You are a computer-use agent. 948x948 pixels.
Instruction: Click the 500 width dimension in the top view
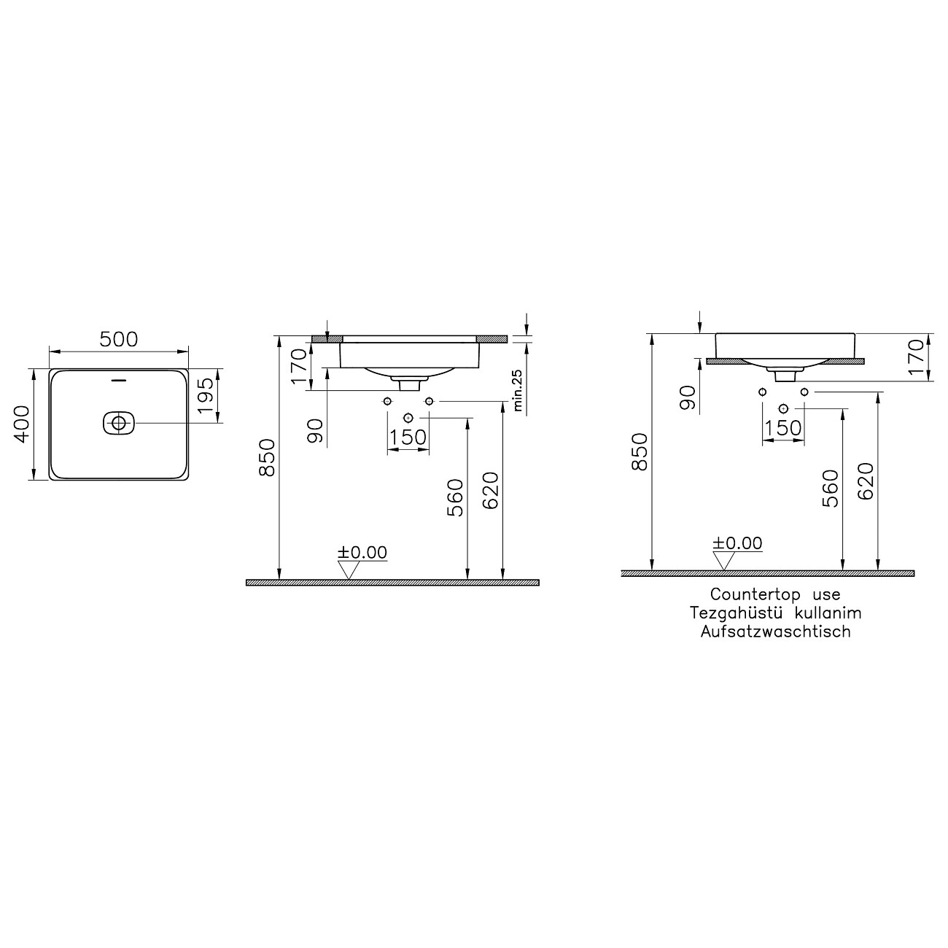119,339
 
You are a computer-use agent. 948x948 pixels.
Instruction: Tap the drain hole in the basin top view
118,422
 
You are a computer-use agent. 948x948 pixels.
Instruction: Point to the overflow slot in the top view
119,380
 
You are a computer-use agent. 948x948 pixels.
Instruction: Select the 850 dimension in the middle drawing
267,457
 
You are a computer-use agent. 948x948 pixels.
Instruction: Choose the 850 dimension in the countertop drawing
639,452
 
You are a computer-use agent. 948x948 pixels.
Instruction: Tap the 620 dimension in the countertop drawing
866,482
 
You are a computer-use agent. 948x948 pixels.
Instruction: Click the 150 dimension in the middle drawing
408,438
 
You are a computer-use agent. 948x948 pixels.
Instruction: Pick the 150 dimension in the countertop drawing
784,429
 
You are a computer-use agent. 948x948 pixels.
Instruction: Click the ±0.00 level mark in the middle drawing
362,553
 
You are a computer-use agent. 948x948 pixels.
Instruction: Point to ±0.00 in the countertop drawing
737,543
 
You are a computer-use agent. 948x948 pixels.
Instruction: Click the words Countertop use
775,595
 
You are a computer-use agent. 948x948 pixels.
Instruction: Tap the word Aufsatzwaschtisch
775,632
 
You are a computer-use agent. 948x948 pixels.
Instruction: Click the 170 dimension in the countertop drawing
917,357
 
